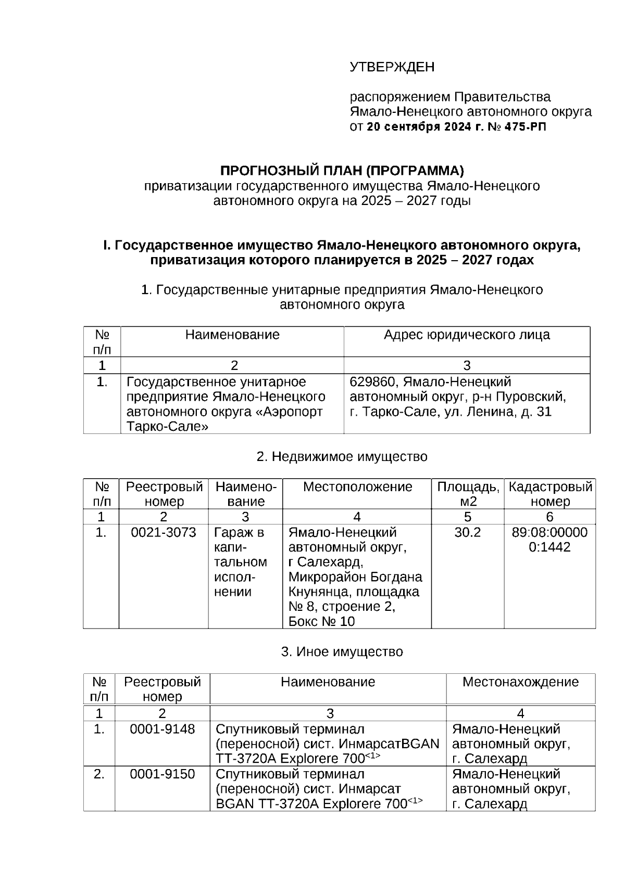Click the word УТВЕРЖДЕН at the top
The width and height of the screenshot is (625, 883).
coord(392,67)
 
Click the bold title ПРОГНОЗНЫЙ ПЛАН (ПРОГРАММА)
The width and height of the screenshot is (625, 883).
coord(341,171)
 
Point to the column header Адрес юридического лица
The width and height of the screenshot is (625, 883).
coord(467,335)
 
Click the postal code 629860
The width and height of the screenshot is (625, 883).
coord(372,382)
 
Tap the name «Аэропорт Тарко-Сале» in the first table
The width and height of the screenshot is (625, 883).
coord(224,419)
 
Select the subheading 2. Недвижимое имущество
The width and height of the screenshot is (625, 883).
coord(342,456)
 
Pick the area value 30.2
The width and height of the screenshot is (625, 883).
coord(467,532)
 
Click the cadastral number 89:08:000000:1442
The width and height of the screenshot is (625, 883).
coord(549,540)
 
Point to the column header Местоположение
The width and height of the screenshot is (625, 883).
coord(357,487)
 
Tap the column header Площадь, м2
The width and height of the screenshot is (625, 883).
coord(467,494)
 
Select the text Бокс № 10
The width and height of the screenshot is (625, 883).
coord(321,621)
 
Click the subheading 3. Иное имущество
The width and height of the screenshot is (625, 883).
coord(342,651)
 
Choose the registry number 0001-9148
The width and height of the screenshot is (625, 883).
coord(162,729)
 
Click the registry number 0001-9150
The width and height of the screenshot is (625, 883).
coord(162,774)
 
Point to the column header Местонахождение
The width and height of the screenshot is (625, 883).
coord(520,682)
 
